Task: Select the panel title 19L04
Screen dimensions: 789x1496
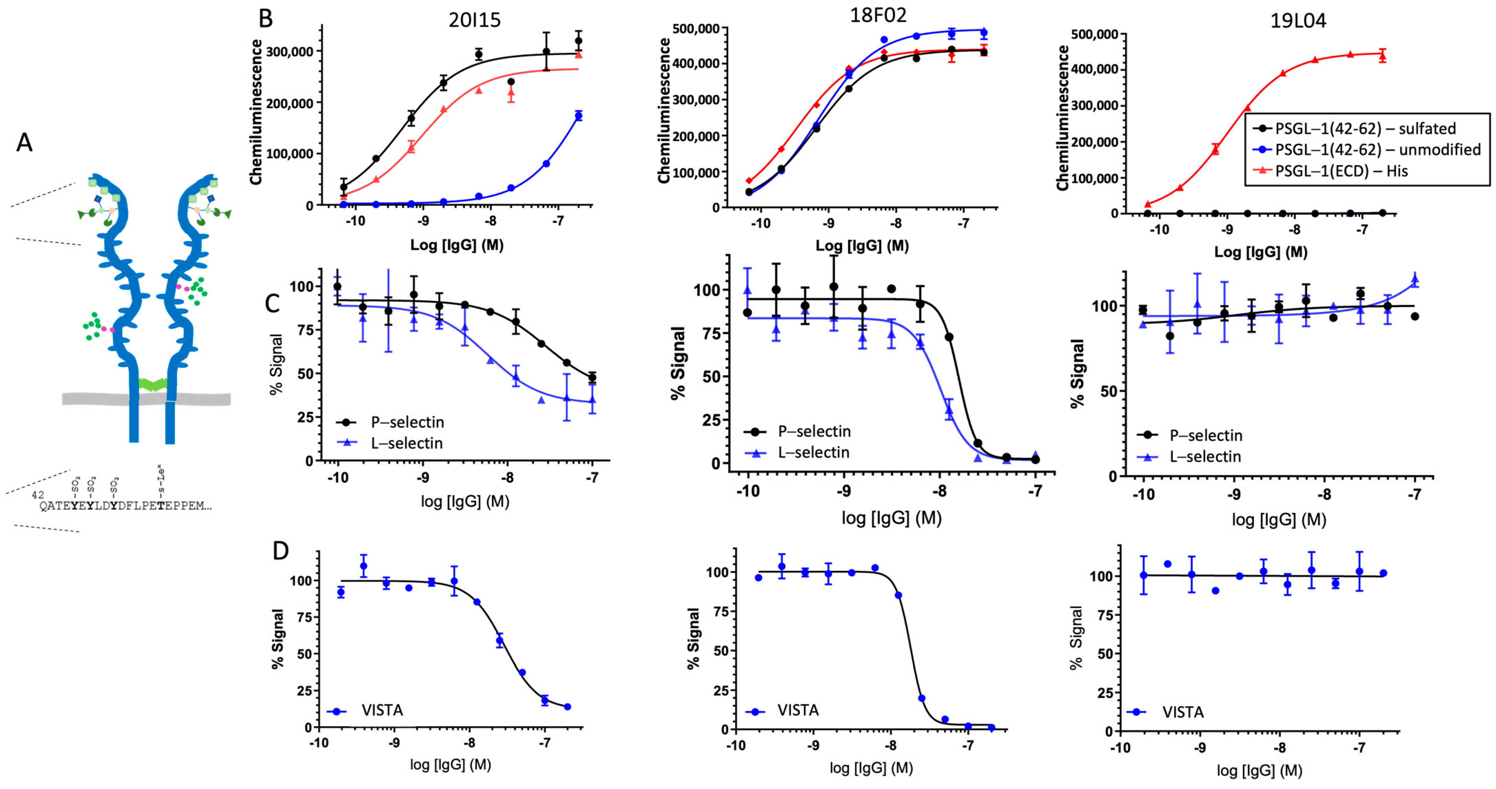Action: pos(1298,21)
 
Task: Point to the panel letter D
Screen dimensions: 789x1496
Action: pos(280,550)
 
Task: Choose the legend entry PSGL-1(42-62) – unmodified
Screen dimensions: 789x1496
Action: pos(1377,150)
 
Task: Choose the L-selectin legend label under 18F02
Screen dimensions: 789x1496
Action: pos(813,452)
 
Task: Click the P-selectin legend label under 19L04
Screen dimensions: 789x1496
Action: pos(1206,435)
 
